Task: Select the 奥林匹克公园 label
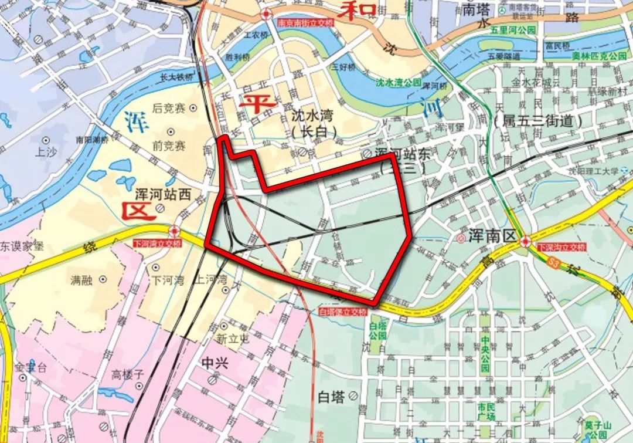pos(599,56)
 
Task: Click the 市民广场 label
pos(486,411)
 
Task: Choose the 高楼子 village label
pos(128,374)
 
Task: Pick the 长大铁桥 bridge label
pos(176,76)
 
